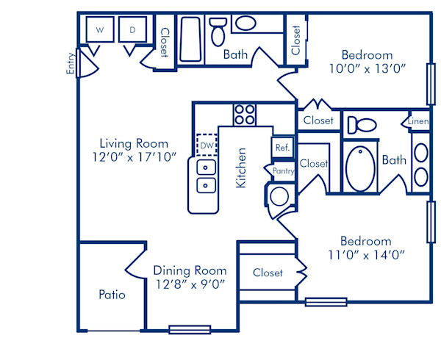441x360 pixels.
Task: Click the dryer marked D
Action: pyautogui.click(x=133, y=30)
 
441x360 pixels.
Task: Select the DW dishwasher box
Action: pyautogui.click(x=207, y=145)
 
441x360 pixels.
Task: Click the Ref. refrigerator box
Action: pyautogui.click(x=283, y=147)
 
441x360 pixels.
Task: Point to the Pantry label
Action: pyautogui.click(x=283, y=170)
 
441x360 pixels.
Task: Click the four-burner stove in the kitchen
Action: pyautogui.click(x=244, y=114)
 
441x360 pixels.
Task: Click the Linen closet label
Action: pyautogui.click(x=419, y=121)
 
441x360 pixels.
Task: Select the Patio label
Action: pyautogui.click(x=112, y=295)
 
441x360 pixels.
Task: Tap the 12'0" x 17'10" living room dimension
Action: pyautogui.click(x=134, y=156)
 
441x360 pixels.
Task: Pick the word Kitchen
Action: pyautogui.click(x=240, y=168)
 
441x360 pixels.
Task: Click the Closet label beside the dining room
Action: pyautogui.click(x=268, y=273)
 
